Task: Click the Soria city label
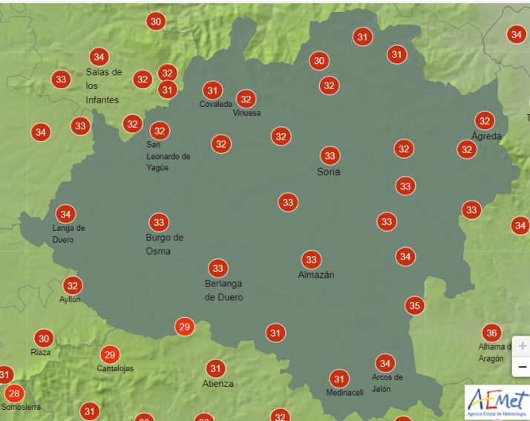(x=328, y=172)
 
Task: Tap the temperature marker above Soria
(x=330, y=156)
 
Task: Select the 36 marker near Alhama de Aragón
(x=491, y=333)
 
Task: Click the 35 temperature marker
(x=414, y=305)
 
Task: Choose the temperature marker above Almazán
(x=311, y=259)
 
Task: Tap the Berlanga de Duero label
(x=223, y=290)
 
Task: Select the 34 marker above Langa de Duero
(x=65, y=214)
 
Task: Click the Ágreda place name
(x=486, y=136)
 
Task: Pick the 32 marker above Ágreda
(x=485, y=120)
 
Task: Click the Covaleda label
(x=215, y=105)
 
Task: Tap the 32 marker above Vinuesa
(x=246, y=98)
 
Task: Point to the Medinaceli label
(x=344, y=393)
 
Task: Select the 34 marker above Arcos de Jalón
(x=385, y=363)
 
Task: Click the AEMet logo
(x=497, y=402)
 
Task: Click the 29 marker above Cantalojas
(x=110, y=354)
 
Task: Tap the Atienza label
(x=217, y=384)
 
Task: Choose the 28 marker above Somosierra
(x=13, y=393)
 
